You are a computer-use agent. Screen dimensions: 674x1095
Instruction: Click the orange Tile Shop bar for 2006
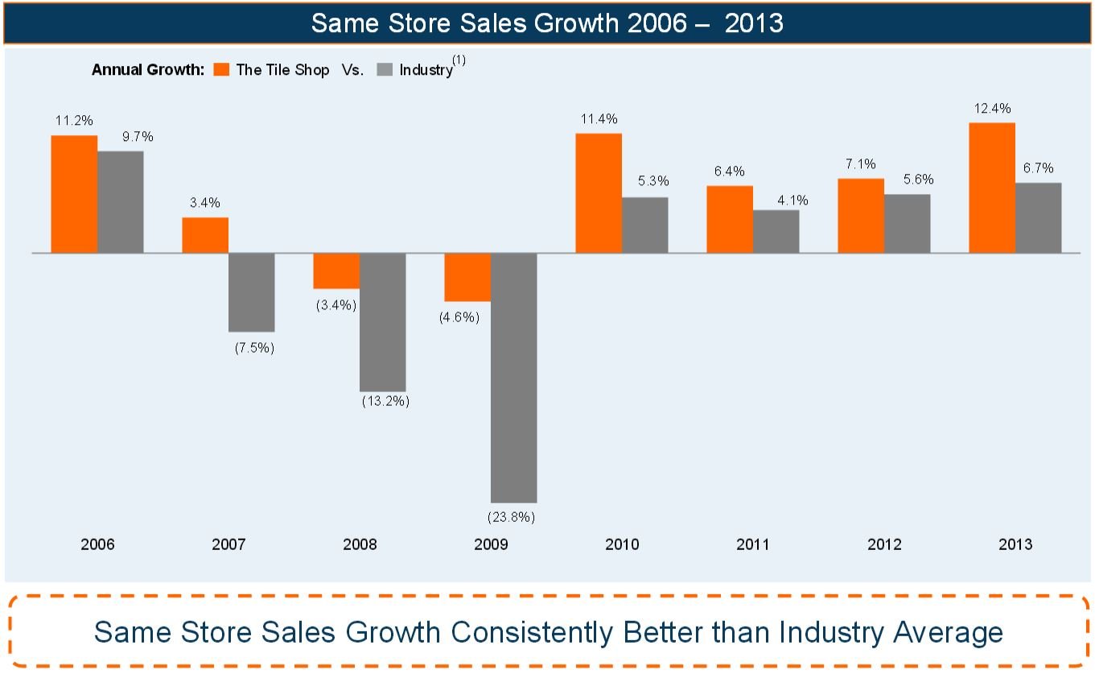pyautogui.click(x=74, y=194)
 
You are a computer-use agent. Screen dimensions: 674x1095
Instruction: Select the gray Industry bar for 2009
pyautogui.click(x=513, y=378)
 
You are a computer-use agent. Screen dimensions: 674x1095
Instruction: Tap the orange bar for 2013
pyautogui.click(x=992, y=188)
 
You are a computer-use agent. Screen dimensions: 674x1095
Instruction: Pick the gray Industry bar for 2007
pyautogui.click(x=251, y=292)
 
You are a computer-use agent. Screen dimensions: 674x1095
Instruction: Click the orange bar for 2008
pyautogui.click(x=336, y=271)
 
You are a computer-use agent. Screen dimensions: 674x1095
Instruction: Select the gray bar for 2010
pyautogui.click(x=644, y=225)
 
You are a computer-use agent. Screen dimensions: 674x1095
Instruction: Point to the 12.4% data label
pyautogui.click(x=992, y=109)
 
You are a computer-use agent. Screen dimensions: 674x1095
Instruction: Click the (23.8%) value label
pyautogui.click(x=512, y=516)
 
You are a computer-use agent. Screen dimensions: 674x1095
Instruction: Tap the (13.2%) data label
pyautogui.click(x=385, y=401)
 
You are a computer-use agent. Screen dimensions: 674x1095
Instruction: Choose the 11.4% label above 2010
pyautogui.click(x=599, y=119)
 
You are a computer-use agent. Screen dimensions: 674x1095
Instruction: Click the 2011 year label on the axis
pyautogui.click(x=752, y=545)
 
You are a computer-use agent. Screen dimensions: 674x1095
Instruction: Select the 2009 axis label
pyautogui.click(x=491, y=545)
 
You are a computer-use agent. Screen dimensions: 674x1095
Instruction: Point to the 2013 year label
pyautogui.click(x=1015, y=545)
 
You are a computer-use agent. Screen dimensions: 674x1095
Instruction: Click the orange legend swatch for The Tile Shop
pyautogui.click(x=222, y=70)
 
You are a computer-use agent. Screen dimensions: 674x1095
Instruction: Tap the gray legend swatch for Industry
pyautogui.click(x=385, y=70)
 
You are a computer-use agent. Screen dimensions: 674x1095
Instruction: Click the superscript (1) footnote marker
pyautogui.click(x=459, y=60)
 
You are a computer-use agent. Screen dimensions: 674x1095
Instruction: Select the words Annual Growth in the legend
pyautogui.click(x=148, y=70)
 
